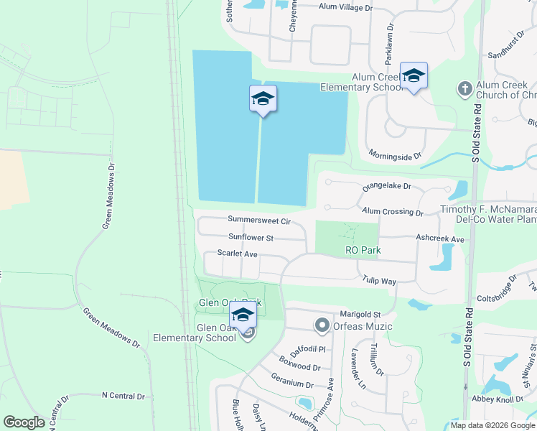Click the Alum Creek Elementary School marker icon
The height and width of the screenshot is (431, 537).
(414, 75)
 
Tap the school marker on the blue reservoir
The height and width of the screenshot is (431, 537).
(263, 98)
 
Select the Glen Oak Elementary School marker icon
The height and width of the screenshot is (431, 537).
(243, 316)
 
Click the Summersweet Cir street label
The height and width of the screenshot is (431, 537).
(258, 220)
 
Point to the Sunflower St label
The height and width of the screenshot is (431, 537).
(251, 237)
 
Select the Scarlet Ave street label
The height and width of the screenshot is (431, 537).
(237, 254)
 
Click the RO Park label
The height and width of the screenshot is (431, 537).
(363, 250)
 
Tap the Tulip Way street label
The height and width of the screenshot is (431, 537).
(379, 280)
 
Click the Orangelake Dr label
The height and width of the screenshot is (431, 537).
(386, 187)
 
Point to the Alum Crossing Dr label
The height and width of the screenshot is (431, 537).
(393, 211)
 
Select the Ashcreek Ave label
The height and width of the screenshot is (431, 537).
(440, 238)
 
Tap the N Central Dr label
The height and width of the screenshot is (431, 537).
(123, 396)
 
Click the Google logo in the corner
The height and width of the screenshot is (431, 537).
(24, 422)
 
